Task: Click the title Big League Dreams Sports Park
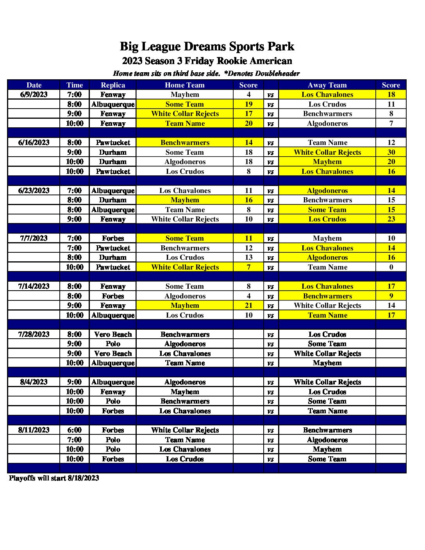pos(207,46)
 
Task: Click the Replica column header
pos(113,85)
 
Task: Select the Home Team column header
pos(185,85)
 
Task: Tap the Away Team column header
pos(327,85)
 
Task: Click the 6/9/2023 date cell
pos(34,95)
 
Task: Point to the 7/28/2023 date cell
pos(34,334)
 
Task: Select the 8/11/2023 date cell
pos(34,430)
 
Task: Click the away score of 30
pos(391,152)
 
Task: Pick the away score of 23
pos(391,219)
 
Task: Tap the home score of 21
pos(248,305)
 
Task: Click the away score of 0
pos(391,267)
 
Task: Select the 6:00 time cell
pos(75,430)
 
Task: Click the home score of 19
pos(248,104)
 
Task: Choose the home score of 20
pos(248,123)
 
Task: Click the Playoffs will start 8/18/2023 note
pos(54,478)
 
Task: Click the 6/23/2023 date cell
pos(34,191)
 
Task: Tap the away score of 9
pos(391,296)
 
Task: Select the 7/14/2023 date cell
pos(34,286)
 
